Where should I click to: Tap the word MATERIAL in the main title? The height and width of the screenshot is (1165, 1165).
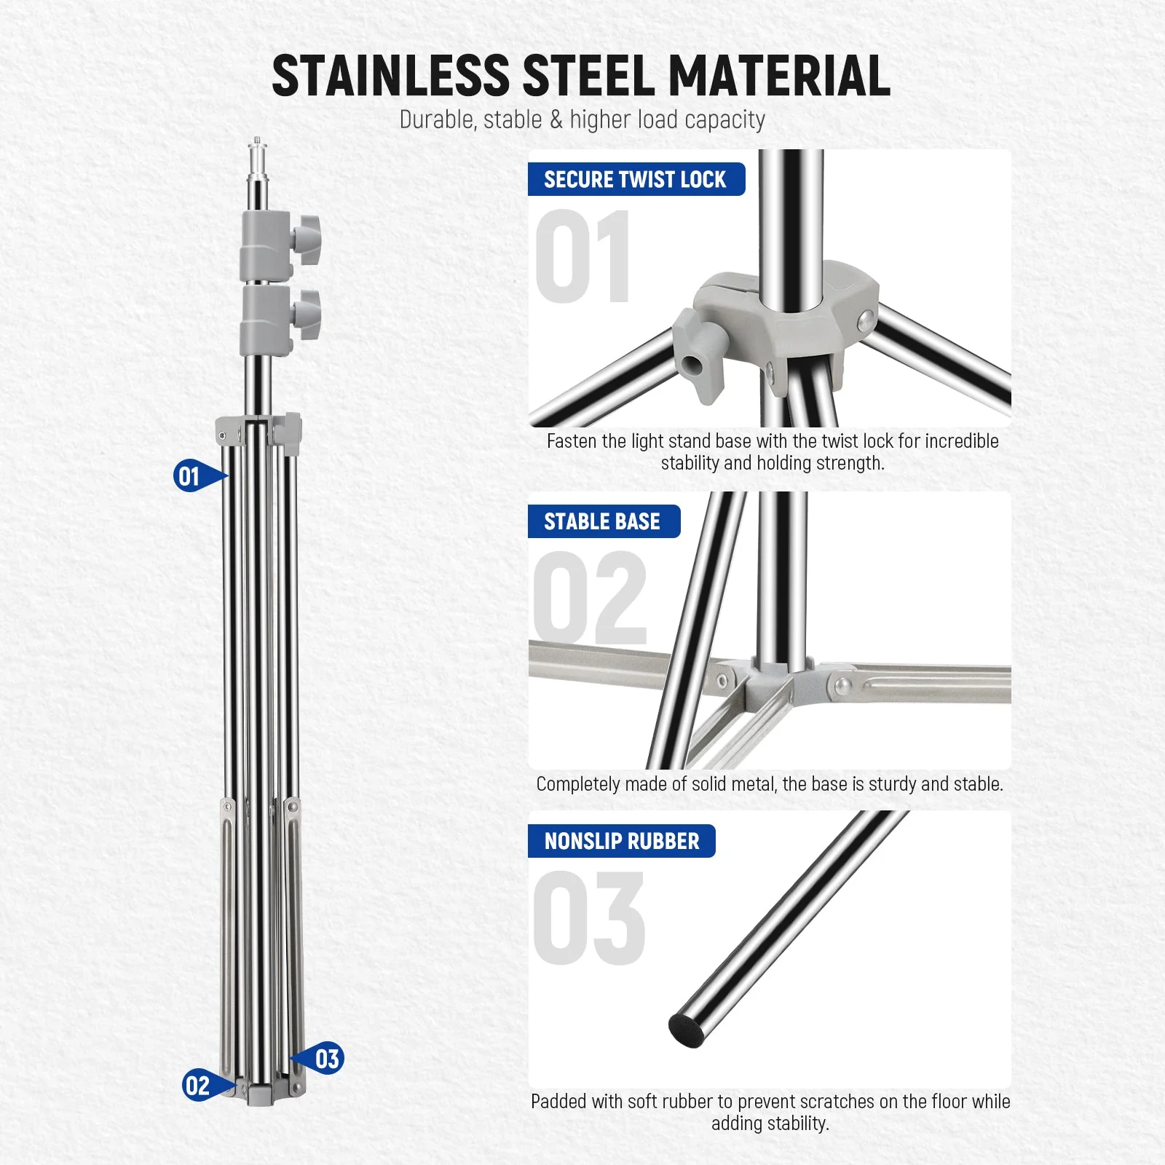(x=778, y=76)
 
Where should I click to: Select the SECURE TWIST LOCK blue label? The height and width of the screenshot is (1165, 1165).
(x=636, y=179)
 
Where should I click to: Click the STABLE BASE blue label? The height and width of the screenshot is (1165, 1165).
(x=603, y=521)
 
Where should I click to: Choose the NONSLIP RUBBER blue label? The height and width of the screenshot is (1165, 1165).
(x=621, y=841)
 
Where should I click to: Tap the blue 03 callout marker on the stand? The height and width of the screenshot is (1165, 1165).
(x=325, y=1059)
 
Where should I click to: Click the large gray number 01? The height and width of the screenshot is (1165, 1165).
(x=582, y=256)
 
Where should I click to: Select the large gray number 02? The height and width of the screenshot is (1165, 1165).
(x=590, y=599)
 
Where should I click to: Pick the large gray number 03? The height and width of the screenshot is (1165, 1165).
(x=588, y=919)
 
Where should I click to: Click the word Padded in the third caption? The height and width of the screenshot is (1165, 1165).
(x=558, y=1102)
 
